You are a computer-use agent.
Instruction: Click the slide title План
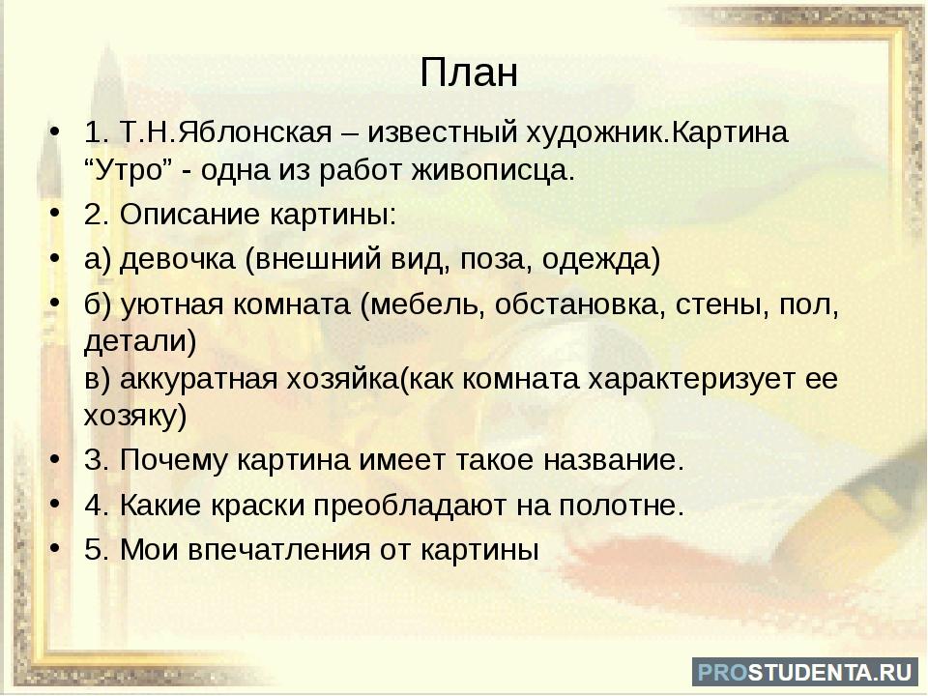469,72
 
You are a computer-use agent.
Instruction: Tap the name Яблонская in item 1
254,131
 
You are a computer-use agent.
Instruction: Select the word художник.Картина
657,132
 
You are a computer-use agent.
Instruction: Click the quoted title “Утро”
128,170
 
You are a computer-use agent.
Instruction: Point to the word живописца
493,171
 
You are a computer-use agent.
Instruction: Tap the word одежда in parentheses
596,259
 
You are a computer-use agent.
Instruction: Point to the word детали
135,341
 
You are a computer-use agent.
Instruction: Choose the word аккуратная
199,379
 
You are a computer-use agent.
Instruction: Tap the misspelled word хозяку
130,416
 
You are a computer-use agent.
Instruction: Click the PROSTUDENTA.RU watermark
805,671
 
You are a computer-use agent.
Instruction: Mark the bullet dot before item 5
55,549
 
